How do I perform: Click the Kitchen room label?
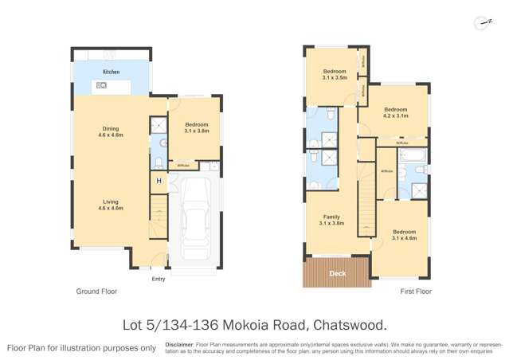(x=111, y=72)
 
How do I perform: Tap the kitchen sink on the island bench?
(x=102, y=84)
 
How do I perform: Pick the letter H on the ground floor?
(x=159, y=181)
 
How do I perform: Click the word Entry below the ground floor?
(x=159, y=279)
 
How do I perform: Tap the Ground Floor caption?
(x=96, y=292)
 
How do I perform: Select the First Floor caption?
(x=415, y=292)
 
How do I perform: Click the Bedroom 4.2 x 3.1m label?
(x=395, y=112)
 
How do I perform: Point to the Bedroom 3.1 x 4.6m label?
(x=404, y=234)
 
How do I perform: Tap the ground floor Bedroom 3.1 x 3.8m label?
(x=196, y=127)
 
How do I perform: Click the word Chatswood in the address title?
(x=347, y=325)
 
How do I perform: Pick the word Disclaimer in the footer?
(x=179, y=345)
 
